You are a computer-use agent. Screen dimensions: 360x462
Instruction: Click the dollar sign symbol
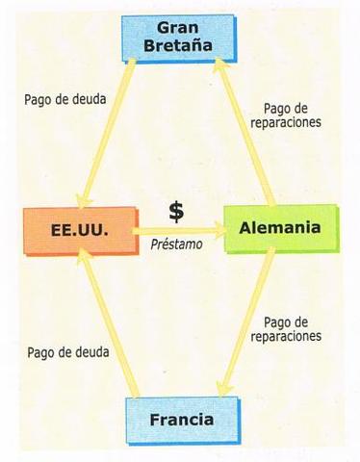coord(175,210)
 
